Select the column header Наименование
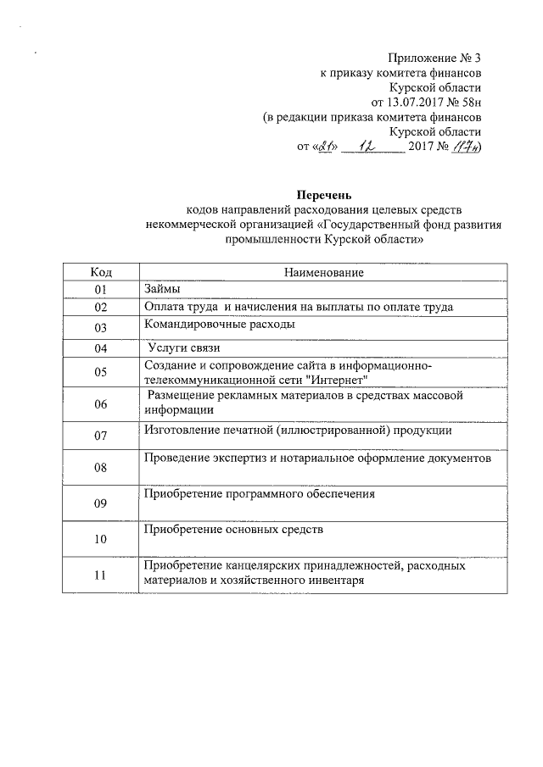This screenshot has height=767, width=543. [324, 272]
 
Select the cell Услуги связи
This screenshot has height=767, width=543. [184, 347]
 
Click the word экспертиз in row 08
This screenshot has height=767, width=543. [245, 458]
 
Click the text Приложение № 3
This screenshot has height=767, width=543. [434, 58]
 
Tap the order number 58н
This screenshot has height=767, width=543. [469, 102]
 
